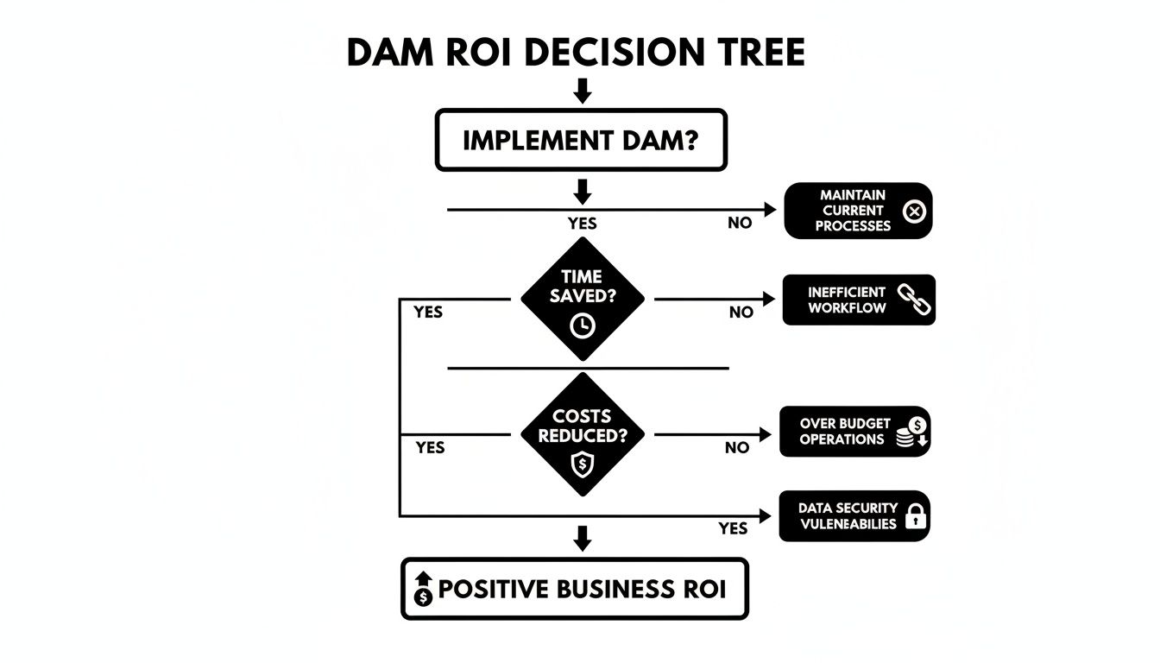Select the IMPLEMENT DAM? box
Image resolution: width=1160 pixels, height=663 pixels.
tap(581, 140)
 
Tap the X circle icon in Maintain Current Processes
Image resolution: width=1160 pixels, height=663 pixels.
tap(913, 211)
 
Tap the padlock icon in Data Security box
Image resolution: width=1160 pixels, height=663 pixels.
tap(915, 517)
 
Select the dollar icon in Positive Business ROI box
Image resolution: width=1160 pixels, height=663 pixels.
tap(423, 590)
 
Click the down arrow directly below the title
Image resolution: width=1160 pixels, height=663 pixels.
tap(583, 91)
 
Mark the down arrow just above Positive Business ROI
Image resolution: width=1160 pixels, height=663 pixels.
tap(583, 540)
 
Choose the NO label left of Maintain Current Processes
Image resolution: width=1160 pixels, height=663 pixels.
tap(740, 224)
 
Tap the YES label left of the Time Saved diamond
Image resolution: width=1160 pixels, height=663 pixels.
tap(428, 313)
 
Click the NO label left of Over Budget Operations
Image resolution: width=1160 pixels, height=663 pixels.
tap(737, 448)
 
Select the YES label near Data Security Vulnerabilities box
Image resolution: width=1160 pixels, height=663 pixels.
tap(733, 528)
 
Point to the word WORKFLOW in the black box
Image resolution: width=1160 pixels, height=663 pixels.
tap(847, 308)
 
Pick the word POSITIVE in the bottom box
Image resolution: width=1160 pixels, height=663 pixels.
tap(493, 590)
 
